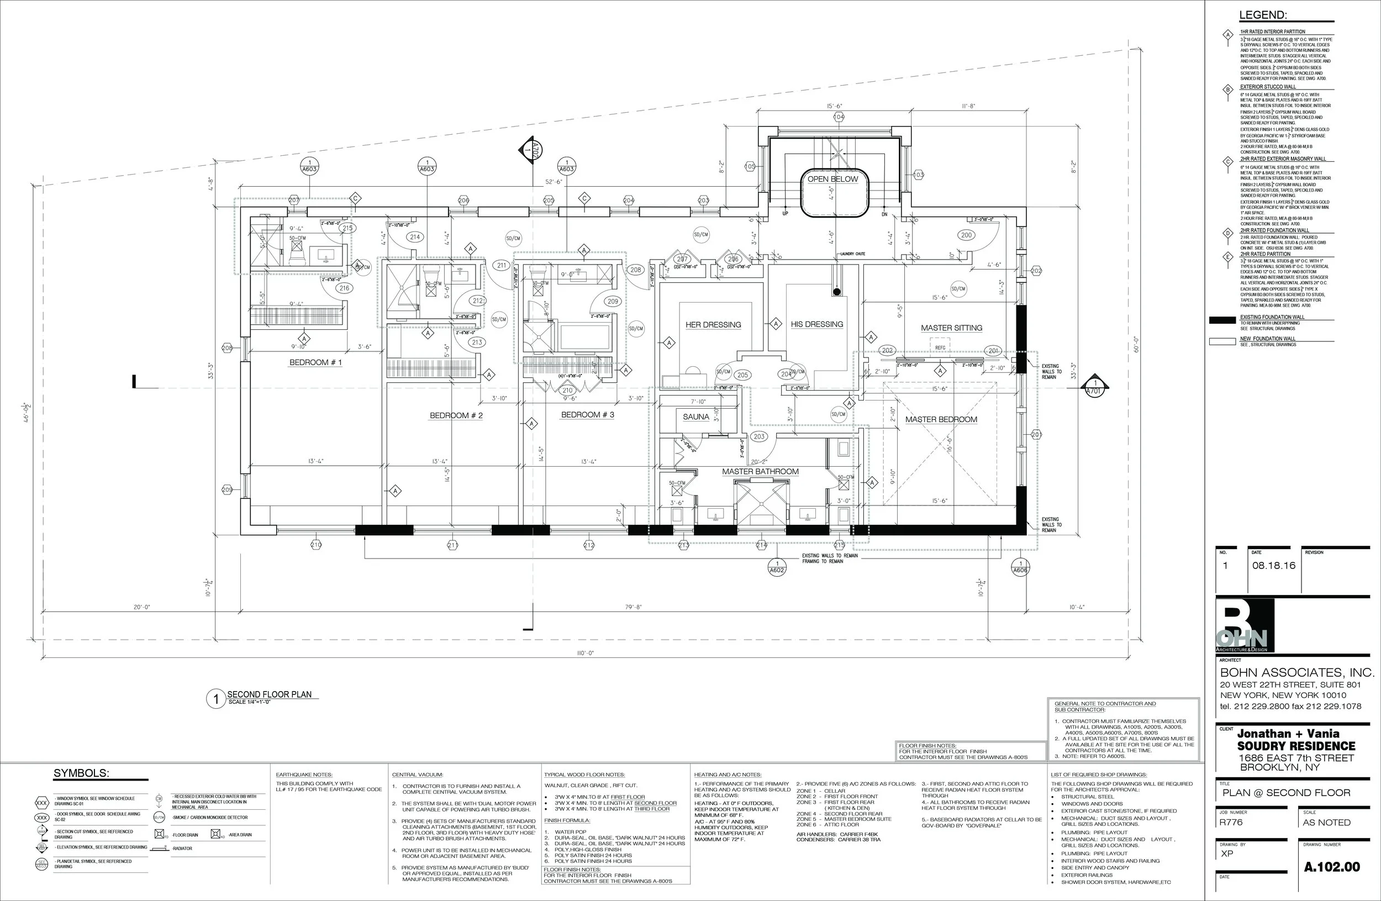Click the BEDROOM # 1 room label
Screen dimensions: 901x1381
[315, 362]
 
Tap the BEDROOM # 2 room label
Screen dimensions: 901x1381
[456, 416]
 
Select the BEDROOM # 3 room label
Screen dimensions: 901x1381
[587, 415]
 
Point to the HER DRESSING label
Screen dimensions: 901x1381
[713, 325]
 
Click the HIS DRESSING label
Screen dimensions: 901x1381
[816, 324]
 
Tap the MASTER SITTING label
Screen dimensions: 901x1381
[952, 328]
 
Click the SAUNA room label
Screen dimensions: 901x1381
[695, 417]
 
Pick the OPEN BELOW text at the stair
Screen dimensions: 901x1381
[832, 180]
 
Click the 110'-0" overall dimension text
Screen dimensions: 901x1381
[586, 654]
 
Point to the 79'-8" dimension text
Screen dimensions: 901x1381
[634, 608]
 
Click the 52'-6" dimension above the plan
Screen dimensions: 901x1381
[554, 182]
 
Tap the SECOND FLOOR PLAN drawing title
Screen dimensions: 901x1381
[268, 694]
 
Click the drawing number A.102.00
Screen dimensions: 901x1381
[1332, 867]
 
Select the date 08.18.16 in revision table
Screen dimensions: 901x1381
[1274, 566]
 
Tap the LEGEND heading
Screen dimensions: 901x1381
[1263, 15]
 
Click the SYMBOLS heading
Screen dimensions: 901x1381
[81, 773]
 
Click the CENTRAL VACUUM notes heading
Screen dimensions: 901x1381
[417, 774]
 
